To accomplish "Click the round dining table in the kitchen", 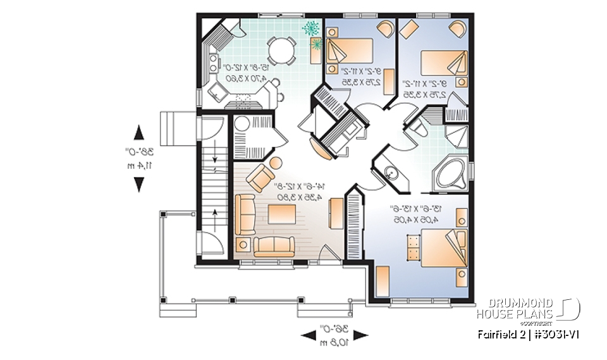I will tap(281, 49).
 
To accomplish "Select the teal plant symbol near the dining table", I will tap(311, 28).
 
